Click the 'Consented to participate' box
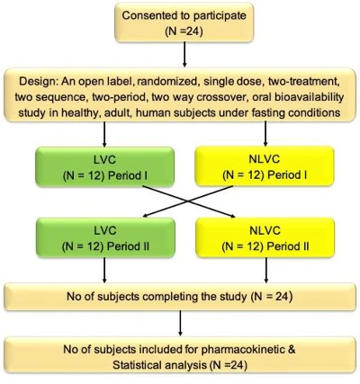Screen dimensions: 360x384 point(184,22)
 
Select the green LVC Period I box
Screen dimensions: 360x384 point(104,166)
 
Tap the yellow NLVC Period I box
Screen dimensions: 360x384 point(265,166)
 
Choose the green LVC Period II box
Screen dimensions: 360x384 point(105,237)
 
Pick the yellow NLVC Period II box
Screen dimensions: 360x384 point(265,237)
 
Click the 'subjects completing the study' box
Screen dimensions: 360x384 point(180,297)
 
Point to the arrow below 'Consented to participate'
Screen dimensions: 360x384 point(184,54)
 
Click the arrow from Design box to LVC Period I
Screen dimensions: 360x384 point(104,134)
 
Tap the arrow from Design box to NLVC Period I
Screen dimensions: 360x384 point(265,134)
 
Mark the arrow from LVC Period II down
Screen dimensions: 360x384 point(104,270)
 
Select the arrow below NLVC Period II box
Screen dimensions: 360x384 point(266,270)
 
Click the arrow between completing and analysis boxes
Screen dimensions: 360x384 point(180,323)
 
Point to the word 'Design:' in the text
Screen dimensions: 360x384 point(39,82)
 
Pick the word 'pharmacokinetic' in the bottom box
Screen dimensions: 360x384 point(242,350)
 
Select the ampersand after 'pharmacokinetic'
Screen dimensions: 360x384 point(291,350)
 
